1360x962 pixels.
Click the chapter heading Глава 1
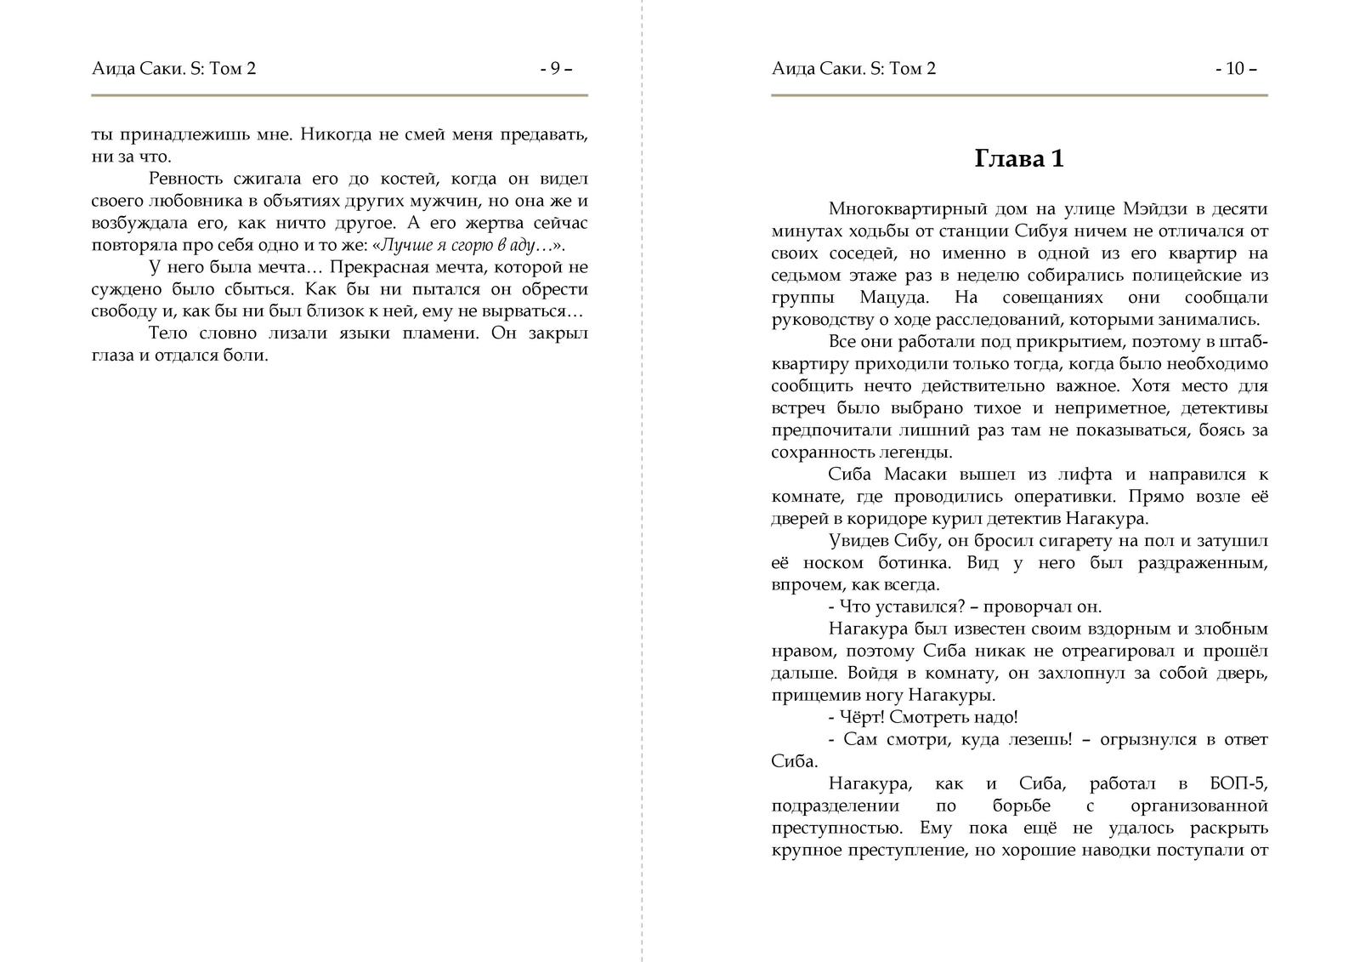coord(1018,159)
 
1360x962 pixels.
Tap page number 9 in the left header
coord(556,69)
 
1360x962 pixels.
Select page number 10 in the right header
coord(1235,69)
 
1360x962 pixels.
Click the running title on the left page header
coord(173,69)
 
